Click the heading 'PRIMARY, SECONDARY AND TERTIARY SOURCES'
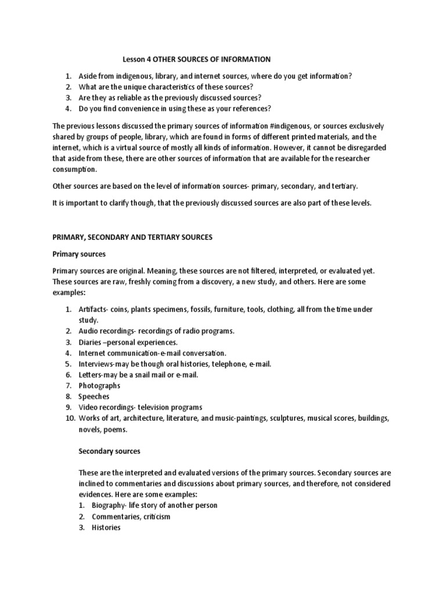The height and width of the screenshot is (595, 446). (132, 237)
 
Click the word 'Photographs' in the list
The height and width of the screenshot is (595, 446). (99, 385)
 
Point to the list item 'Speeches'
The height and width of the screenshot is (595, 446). (93, 396)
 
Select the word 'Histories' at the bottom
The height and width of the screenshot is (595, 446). (106, 528)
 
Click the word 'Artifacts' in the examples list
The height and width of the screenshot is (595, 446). (93, 309)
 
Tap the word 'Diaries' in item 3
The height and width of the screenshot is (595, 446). (90, 342)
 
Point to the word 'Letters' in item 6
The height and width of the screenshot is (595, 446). (90, 374)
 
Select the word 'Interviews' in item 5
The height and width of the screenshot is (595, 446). (96, 364)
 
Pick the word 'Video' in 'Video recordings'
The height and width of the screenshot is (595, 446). (88, 407)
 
